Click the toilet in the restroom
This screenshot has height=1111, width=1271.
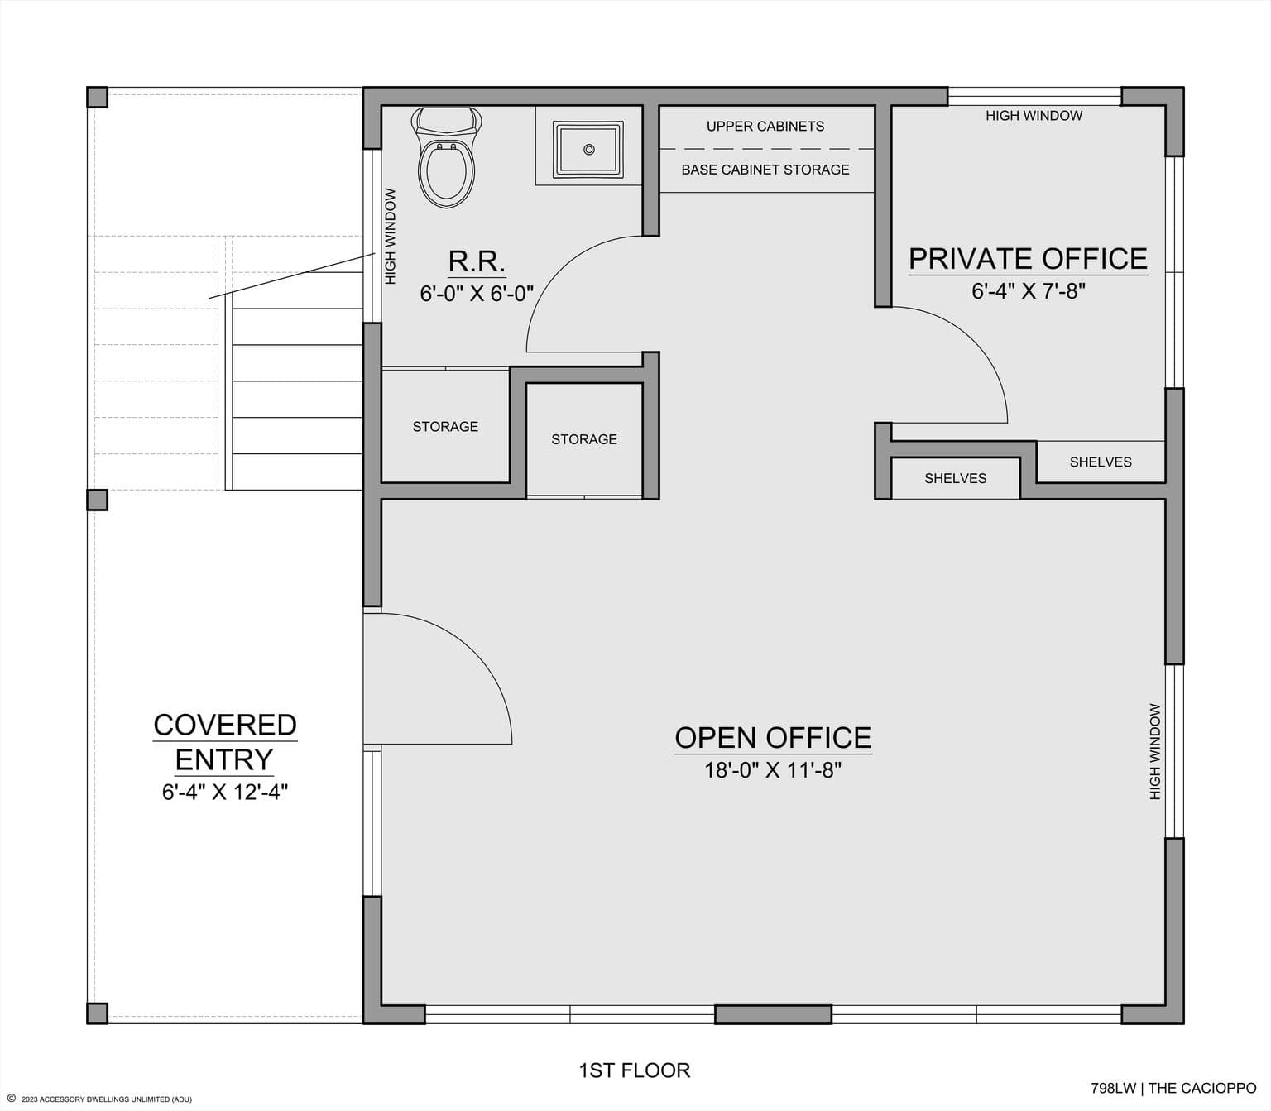click(x=448, y=157)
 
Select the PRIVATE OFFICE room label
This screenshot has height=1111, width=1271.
click(x=1028, y=259)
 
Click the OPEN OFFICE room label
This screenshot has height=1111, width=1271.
click(x=773, y=738)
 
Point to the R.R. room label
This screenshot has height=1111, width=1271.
click(x=477, y=261)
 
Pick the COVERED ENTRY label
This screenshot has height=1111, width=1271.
click(x=225, y=742)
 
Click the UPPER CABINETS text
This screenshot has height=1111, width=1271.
click(x=765, y=127)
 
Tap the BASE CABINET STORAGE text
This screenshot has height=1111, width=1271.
click(x=765, y=170)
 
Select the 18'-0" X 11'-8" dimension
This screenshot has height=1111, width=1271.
click(x=773, y=771)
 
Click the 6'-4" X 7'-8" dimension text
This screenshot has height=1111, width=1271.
click(x=1028, y=291)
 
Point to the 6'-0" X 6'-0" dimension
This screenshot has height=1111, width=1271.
click(x=477, y=293)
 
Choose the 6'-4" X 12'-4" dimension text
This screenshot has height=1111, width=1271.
click(x=225, y=793)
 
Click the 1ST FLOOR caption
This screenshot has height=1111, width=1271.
click(x=635, y=1070)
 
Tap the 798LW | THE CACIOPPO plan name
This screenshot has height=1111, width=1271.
click(x=1173, y=1088)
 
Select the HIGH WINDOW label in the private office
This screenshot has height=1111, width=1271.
click(x=1034, y=116)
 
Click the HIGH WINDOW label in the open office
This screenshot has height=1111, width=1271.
click(x=1155, y=751)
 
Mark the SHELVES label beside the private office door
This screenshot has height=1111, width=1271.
click(x=956, y=478)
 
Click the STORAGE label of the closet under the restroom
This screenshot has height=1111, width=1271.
click(x=445, y=427)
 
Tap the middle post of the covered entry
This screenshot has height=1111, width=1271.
click(x=97, y=500)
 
